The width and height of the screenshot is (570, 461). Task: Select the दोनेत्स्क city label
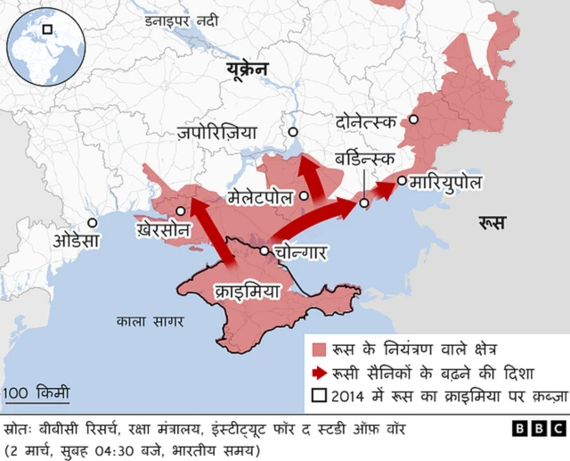366,119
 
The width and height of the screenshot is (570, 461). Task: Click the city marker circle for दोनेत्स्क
413,119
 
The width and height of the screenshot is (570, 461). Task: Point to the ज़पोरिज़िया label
217,133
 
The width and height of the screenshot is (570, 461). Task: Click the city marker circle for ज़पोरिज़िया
292,133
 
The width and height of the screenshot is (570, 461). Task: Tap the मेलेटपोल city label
260,196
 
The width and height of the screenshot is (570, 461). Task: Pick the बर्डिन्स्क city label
364,159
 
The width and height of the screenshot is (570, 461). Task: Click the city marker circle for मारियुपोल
402,181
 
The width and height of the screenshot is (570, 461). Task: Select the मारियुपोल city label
445,182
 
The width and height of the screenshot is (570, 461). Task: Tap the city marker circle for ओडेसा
92,223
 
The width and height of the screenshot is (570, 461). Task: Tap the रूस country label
493,221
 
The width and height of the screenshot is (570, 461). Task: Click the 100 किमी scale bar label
36,392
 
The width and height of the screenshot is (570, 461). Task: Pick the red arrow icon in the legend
319,373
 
